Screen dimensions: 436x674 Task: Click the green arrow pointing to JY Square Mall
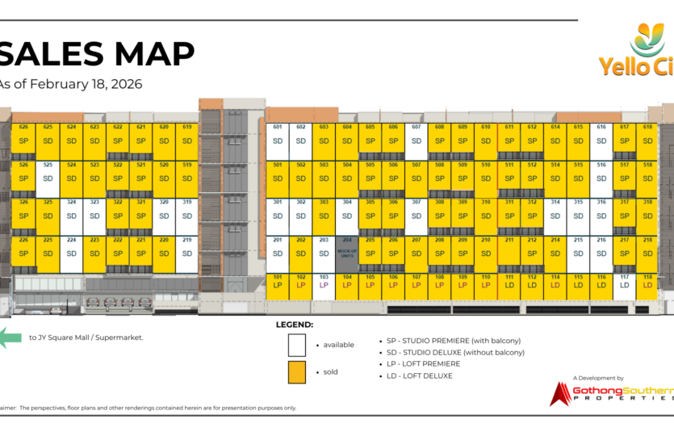[10, 337]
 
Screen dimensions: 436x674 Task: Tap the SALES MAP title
[97, 54]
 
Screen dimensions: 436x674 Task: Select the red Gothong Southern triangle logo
[559, 393]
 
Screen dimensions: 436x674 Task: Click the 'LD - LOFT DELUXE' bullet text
[420, 375]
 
